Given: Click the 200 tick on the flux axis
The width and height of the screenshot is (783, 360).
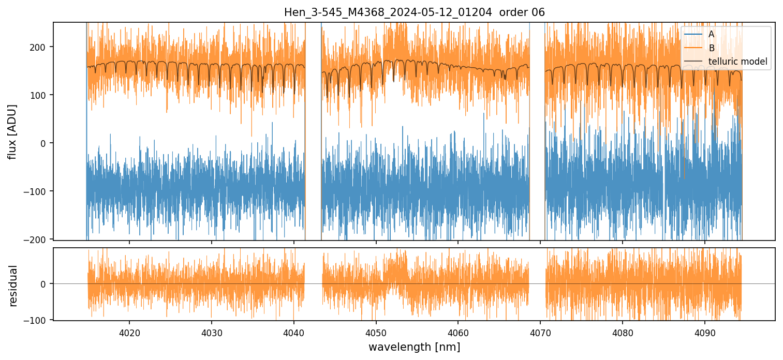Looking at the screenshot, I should (40, 47).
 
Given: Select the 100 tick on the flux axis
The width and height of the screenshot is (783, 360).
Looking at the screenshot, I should (40, 95).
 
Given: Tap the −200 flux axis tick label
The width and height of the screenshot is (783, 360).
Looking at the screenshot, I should (37, 239).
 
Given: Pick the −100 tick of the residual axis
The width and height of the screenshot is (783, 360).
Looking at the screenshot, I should (37, 320).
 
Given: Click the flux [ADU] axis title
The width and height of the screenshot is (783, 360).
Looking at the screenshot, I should (12, 131).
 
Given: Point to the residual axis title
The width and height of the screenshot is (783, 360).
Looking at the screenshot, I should (12, 286).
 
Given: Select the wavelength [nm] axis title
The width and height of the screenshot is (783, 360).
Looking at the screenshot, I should (414, 347).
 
